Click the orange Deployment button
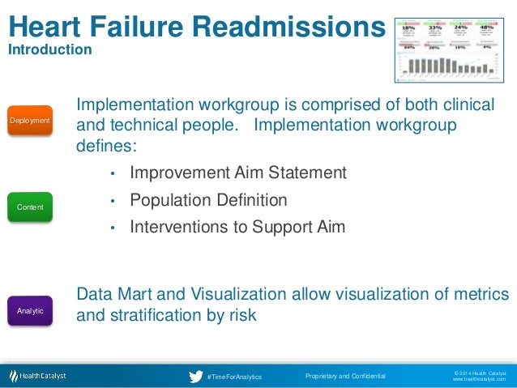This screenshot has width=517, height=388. point(30,121)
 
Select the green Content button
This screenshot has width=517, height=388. point(30,207)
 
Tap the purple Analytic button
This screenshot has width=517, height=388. point(30,310)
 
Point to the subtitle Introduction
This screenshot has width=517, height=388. point(49,50)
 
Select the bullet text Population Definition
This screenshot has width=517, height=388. point(208,200)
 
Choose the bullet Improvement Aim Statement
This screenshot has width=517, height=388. point(237,173)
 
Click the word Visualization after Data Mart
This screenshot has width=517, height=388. point(243,293)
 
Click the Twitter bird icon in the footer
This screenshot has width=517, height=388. point(195,377)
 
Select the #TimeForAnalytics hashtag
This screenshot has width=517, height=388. point(234,377)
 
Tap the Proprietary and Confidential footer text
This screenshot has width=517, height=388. point(345,377)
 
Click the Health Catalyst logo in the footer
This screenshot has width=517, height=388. point(38,376)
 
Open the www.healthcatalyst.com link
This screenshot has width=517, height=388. point(478,380)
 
